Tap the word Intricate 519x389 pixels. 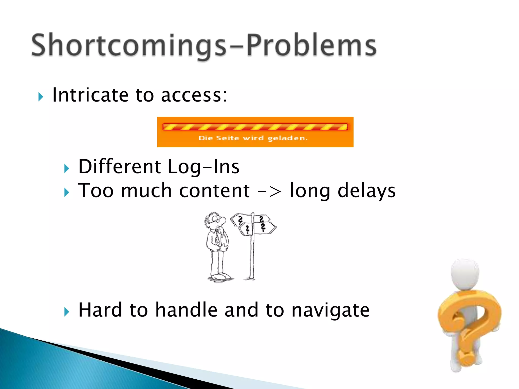[90, 95]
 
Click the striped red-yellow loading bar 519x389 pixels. [255, 127]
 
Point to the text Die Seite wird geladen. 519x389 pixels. [253, 138]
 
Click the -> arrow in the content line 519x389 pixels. [269, 191]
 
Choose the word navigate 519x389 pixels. [330, 310]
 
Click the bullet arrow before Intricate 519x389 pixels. [41, 97]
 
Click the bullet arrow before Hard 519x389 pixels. [67, 312]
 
